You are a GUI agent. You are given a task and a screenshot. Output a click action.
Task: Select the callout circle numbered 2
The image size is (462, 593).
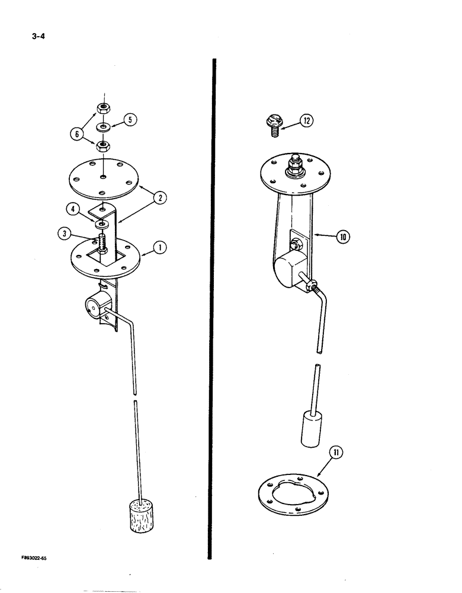[x=159, y=197]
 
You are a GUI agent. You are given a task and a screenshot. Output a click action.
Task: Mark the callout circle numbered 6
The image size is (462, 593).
[x=76, y=134]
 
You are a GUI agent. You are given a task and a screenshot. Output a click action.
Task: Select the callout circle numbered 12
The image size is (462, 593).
[x=306, y=121]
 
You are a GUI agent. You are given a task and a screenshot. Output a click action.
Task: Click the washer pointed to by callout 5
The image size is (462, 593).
[x=104, y=127]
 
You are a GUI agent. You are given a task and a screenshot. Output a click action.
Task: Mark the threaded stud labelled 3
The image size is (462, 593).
[x=104, y=244]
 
